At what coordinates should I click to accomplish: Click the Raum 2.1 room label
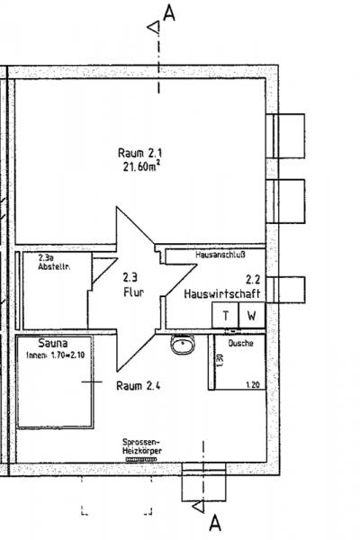139,153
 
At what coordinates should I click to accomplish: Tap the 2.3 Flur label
134,284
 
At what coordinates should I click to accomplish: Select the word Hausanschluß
220,255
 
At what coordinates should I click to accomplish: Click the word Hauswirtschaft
222,293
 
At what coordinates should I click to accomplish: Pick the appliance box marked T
225,315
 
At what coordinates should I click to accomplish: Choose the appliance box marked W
252,315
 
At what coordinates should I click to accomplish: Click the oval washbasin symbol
183,345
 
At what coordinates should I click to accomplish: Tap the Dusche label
241,343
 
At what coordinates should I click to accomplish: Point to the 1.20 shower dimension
253,384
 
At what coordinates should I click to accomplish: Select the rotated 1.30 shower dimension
220,360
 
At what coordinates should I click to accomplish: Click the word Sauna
53,343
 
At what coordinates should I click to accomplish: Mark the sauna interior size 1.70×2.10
56,355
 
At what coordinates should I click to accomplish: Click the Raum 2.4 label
138,385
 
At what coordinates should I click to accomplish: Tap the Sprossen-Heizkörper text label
142,446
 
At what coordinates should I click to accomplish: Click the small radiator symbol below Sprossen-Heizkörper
141,459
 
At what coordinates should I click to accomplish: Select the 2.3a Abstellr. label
54,262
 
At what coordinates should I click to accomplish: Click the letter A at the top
169,13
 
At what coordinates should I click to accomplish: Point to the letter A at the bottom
215,523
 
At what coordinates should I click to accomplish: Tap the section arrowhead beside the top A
154,27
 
